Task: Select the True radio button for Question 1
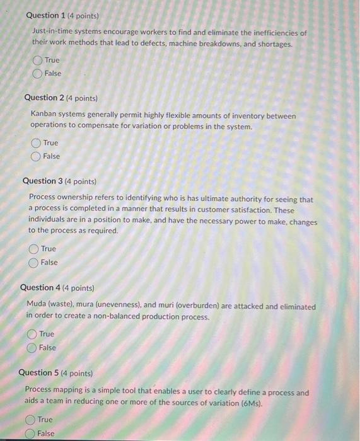38,60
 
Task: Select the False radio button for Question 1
38,74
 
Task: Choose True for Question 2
36,143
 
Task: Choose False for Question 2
36,156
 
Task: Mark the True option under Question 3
34,249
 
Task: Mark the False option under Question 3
34,263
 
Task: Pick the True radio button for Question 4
32,334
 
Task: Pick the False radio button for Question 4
32,348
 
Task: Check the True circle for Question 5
30,420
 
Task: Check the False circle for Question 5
30,433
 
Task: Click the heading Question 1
50,15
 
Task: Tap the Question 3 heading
43,181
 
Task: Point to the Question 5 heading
39,373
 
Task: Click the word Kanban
44,116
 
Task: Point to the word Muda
37,307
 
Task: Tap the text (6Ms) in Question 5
248,403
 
